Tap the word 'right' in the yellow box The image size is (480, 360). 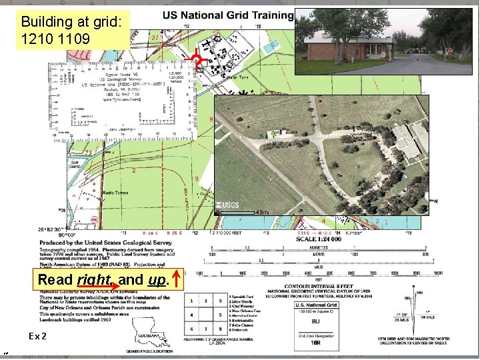coord(94,279)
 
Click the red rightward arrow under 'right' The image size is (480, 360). coord(100,288)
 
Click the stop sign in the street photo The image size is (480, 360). coord(451,51)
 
